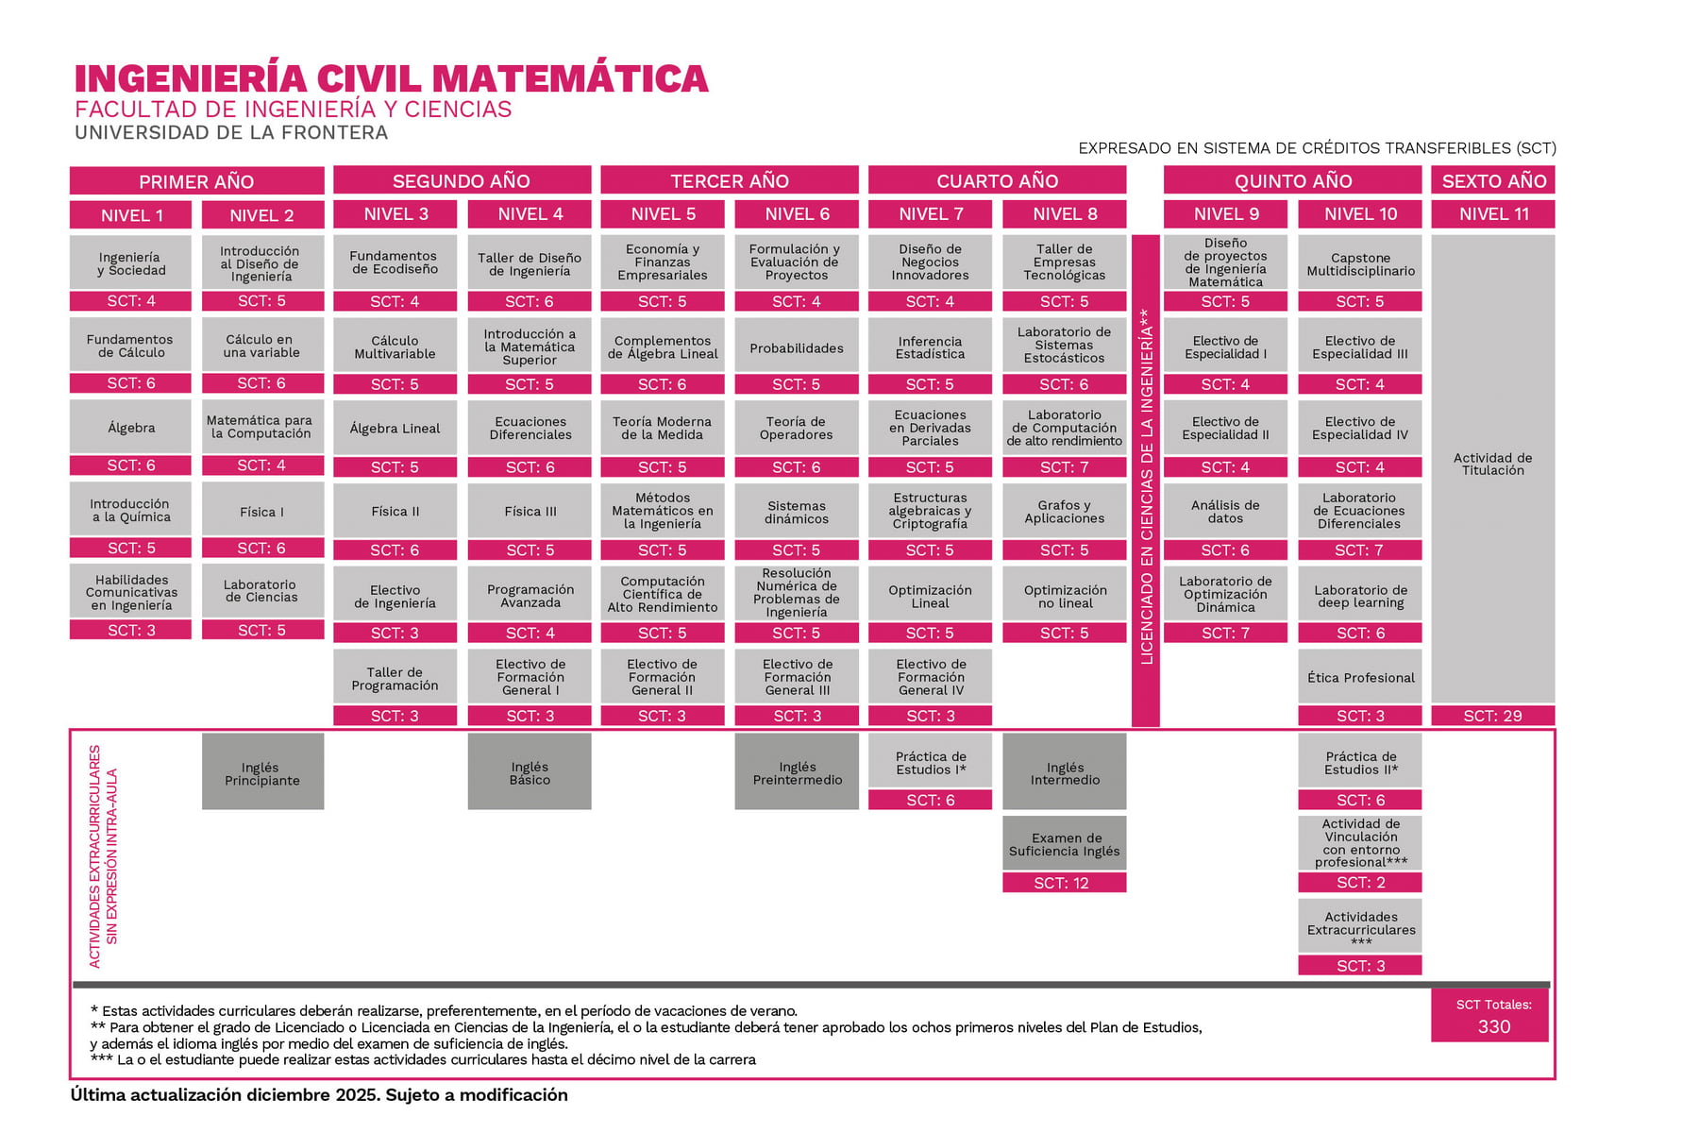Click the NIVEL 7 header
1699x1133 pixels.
930,214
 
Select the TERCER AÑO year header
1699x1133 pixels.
729,180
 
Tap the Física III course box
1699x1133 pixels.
530,511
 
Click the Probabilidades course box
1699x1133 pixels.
797,347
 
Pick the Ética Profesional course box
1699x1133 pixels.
1360,677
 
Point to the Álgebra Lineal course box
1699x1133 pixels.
395,428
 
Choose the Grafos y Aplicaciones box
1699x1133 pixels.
1064,511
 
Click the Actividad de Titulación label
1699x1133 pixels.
1492,464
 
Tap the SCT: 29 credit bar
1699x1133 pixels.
1492,716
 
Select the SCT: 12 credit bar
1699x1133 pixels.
1064,883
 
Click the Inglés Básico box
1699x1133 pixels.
530,772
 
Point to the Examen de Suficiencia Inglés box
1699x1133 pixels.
1064,843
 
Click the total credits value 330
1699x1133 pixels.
1493,1026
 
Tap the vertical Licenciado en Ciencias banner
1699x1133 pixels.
1146,482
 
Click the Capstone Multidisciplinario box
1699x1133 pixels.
1360,263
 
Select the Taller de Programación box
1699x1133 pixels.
395,677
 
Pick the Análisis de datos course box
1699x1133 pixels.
1225,511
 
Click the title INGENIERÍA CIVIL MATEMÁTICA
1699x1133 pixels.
391,78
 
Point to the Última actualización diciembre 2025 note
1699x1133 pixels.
319,1094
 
